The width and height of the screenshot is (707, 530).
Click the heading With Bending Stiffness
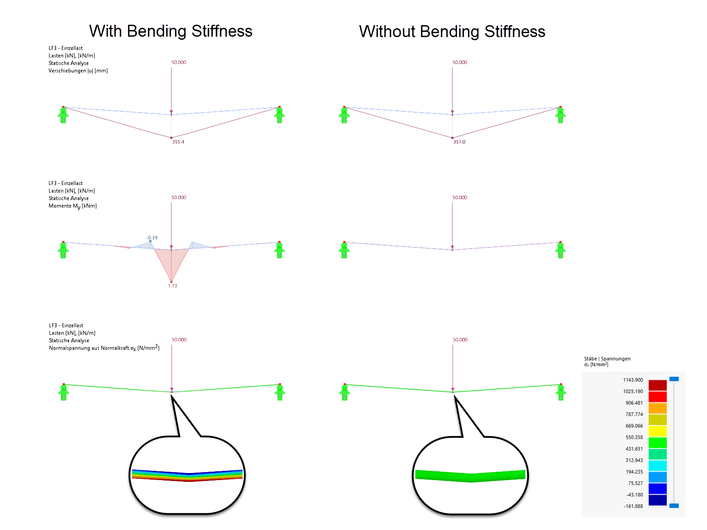[x=171, y=31]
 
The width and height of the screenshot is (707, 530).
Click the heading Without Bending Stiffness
[x=452, y=31]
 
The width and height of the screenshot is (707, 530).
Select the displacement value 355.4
[x=178, y=142]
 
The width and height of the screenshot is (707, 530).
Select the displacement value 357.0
[x=459, y=142]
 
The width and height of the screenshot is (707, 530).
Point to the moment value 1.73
[x=172, y=286]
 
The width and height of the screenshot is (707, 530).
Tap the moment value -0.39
[x=152, y=238]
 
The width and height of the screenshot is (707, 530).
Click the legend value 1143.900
[x=633, y=380]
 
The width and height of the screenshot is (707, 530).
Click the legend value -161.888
[x=633, y=506]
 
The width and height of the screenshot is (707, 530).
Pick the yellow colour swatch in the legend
[x=658, y=431]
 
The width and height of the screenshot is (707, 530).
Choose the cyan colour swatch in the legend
[x=658, y=466]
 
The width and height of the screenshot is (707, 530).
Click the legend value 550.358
[x=634, y=437]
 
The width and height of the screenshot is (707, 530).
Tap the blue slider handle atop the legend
[x=674, y=379]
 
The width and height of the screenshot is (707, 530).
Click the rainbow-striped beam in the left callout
[x=187, y=475]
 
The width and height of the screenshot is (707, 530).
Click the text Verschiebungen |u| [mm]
[x=78, y=71]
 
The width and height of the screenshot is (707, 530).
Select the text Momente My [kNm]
[x=72, y=206]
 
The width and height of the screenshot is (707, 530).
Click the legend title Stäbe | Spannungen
[x=607, y=359]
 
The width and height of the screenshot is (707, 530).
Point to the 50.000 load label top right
[x=460, y=62]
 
